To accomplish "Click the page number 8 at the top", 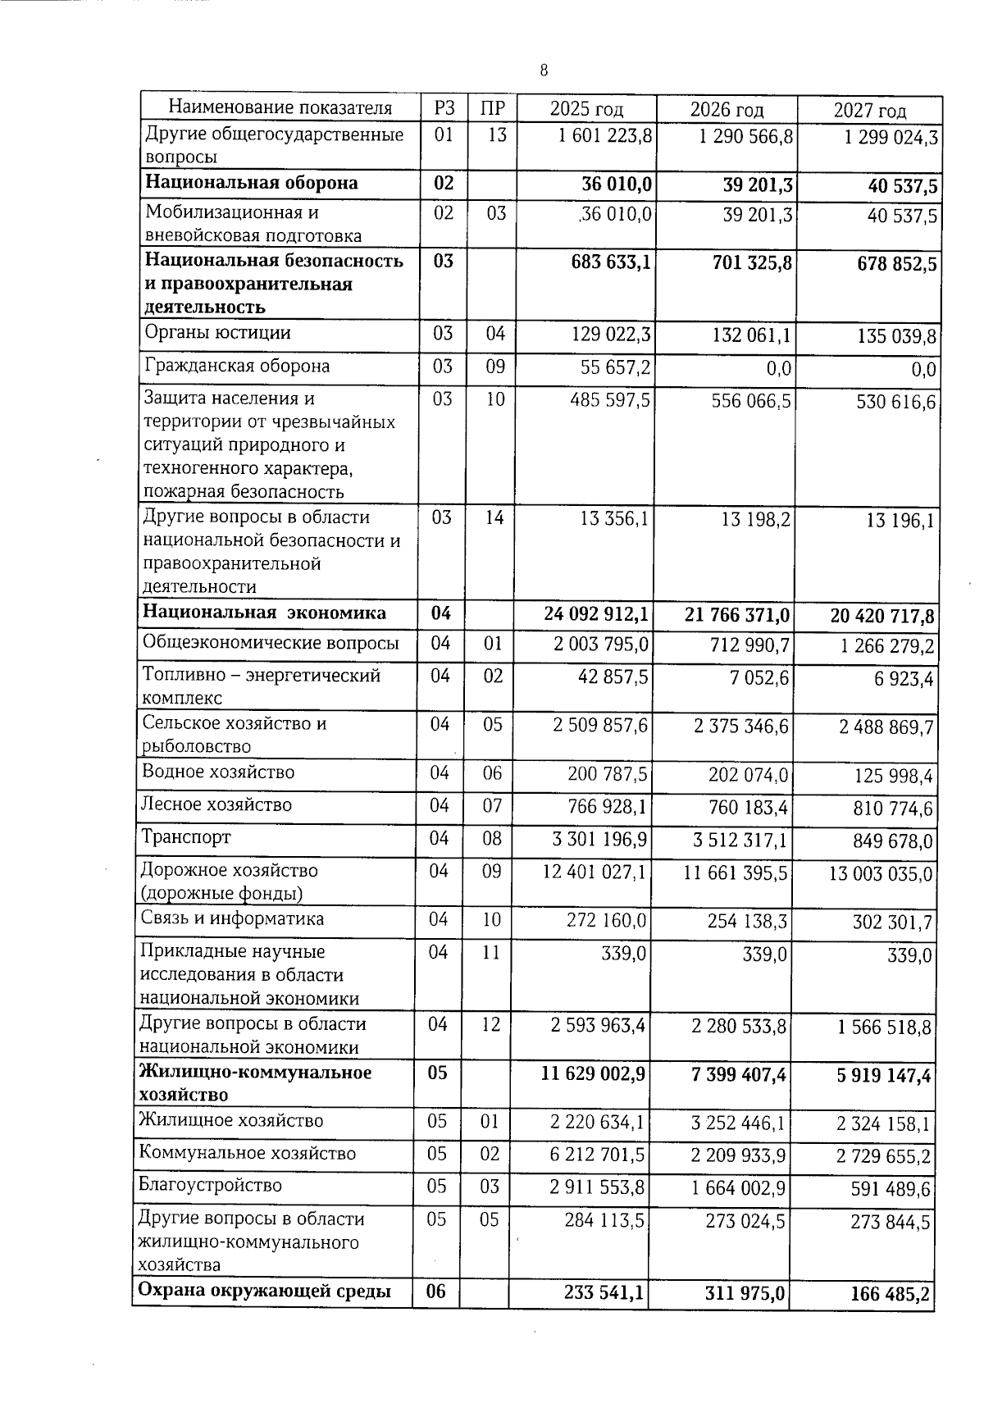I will click(544, 71).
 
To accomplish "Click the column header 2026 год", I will click(727, 110).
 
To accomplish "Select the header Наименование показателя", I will click(280, 107).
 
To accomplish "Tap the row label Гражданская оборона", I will click(237, 366).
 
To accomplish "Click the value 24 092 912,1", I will click(597, 613).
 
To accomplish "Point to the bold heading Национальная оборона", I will click(251, 183).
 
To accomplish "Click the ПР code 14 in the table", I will click(494, 517).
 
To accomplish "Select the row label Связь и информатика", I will click(232, 918).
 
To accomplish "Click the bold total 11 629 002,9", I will click(594, 1073).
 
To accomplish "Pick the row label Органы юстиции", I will click(217, 333).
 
